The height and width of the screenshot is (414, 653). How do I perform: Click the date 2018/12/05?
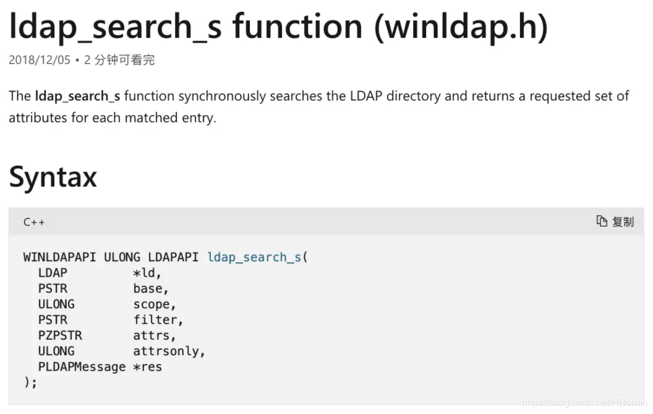point(40,60)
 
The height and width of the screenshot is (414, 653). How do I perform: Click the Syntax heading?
point(53,177)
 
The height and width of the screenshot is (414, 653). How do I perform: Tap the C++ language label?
point(34,222)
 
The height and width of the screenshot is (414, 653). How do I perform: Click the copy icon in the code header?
point(601,221)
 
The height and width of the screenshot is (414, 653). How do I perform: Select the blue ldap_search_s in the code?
point(254,257)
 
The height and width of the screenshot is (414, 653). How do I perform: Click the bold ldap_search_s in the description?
point(77,97)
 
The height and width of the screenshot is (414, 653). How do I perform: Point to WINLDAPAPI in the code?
point(59,257)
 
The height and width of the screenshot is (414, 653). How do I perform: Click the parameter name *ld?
point(147,273)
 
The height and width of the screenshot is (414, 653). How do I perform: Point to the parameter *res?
point(147,367)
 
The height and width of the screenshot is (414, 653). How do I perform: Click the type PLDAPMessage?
point(82,367)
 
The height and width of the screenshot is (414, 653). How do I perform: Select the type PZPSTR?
point(60,335)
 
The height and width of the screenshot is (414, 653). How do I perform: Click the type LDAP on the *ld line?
point(53,273)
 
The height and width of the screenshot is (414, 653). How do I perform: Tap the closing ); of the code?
point(30,382)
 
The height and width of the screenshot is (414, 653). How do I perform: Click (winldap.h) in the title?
point(461,27)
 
